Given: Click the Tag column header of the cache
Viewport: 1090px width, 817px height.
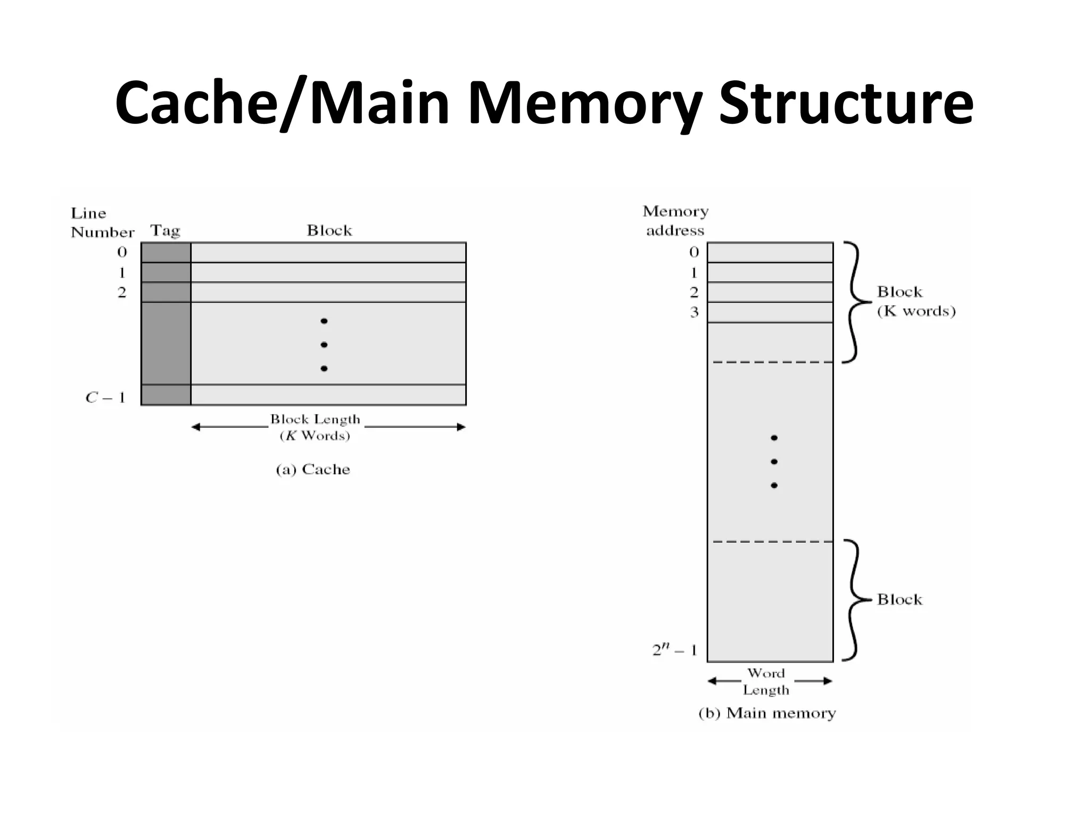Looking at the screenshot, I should [165, 231].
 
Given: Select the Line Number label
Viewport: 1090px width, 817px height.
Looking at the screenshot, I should [102, 223].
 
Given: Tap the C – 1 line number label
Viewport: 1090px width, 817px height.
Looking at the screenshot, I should [105, 397].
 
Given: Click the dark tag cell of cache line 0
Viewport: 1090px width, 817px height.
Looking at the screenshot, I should [166, 253].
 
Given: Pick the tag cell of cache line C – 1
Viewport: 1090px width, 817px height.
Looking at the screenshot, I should [166, 395].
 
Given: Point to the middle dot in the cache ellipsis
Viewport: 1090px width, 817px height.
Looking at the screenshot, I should [324, 345].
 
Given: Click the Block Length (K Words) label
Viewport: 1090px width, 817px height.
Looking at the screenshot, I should [315, 427].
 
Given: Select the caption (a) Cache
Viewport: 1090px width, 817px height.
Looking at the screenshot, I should [313, 469].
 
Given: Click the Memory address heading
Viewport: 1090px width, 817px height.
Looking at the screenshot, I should [675, 221].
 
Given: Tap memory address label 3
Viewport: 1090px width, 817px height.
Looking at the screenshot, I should [694, 312].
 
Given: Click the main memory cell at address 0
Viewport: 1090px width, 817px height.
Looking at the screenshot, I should [770, 253].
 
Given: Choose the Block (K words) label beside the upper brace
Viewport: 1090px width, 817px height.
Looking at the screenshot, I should [916, 301].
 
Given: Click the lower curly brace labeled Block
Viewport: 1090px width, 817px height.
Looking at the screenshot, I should [855, 600].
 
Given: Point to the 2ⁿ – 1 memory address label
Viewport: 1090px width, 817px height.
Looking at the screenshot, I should [674, 650].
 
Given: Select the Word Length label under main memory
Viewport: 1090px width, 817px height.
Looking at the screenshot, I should [766, 681].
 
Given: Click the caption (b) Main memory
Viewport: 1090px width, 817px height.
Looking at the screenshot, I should [767, 713].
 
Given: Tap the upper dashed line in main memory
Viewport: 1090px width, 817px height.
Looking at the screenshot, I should [772, 362].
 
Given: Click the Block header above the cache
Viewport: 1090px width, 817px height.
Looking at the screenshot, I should [329, 230].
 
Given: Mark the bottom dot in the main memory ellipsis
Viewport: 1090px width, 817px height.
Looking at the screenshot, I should [774, 485].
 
